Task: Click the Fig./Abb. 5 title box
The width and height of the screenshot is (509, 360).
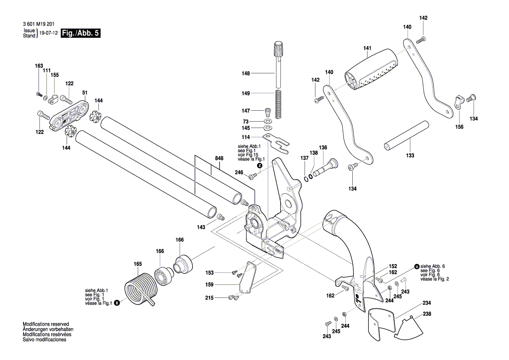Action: (x=81, y=33)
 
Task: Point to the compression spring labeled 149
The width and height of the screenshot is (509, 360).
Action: (x=278, y=105)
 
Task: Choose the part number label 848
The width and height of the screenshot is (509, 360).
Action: (x=219, y=158)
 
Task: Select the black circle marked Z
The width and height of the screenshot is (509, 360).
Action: (x=260, y=166)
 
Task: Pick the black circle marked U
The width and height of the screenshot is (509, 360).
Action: (x=417, y=266)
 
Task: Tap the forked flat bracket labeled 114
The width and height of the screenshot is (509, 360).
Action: (x=276, y=143)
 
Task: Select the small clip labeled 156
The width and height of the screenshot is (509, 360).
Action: (x=458, y=102)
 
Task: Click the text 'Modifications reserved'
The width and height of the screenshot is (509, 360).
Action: (x=46, y=324)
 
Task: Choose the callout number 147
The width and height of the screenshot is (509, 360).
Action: (x=246, y=111)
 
